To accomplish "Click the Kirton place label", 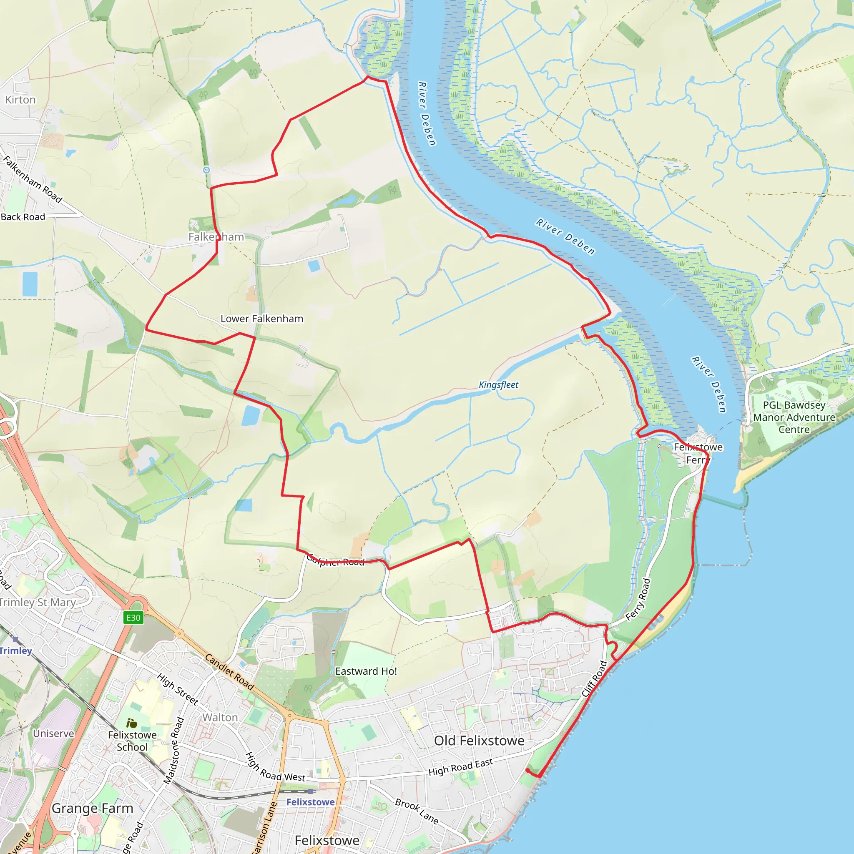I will (x=20, y=100).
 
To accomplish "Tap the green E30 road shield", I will (x=133, y=618).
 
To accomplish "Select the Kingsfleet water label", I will (x=498, y=385).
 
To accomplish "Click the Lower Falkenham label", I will (x=262, y=319).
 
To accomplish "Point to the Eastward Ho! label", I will (x=366, y=671).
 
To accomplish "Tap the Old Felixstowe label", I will (x=479, y=741).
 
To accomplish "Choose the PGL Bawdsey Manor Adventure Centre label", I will (x=794, y=417).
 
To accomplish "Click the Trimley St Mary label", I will (x=38, y=602).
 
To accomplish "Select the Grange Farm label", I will (x=93, y=808).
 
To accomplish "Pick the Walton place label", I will (x=220, y=717).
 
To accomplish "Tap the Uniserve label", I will (x=53, y=733).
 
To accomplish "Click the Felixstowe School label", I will (x=132, y=741).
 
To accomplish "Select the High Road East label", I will (x=461, y=767).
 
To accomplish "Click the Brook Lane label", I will (x=417, y=811).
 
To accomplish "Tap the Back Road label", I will (x=23, y=217).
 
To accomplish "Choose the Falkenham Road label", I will (x=33, y=179).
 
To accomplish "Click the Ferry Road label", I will (x=638, y=599).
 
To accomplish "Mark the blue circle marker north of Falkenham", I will (x=206, y=170).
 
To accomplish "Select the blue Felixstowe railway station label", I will (x=310, y=802).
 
